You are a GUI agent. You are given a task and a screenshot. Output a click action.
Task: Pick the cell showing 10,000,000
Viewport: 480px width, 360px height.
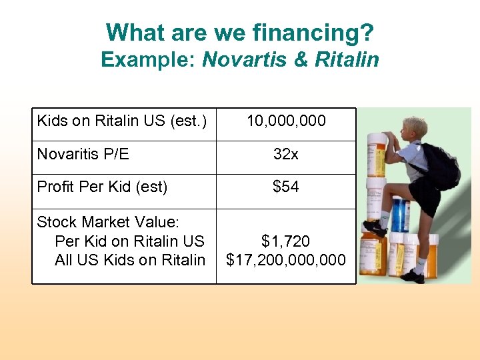tap(286, 121)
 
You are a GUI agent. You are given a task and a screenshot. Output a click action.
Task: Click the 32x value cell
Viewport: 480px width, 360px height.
tap(286, 154)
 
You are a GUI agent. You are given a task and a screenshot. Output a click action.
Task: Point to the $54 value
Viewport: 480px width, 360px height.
tap(286, 187)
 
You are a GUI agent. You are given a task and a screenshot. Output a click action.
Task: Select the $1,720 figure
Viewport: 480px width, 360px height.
tap(286, 241)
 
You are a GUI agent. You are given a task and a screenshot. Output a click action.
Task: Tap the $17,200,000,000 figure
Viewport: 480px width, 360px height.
tap(286, 260)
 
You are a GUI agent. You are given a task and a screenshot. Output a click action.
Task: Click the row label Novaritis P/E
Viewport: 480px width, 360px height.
tap(83, 154)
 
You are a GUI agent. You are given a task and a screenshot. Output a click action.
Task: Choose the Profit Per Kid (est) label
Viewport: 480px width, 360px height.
tap(102, 187)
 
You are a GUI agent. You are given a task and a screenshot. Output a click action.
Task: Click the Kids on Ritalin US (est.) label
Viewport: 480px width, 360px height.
tap(122, 121)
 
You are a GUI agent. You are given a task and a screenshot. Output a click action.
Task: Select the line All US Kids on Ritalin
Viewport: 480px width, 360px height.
tap(130, 260)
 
